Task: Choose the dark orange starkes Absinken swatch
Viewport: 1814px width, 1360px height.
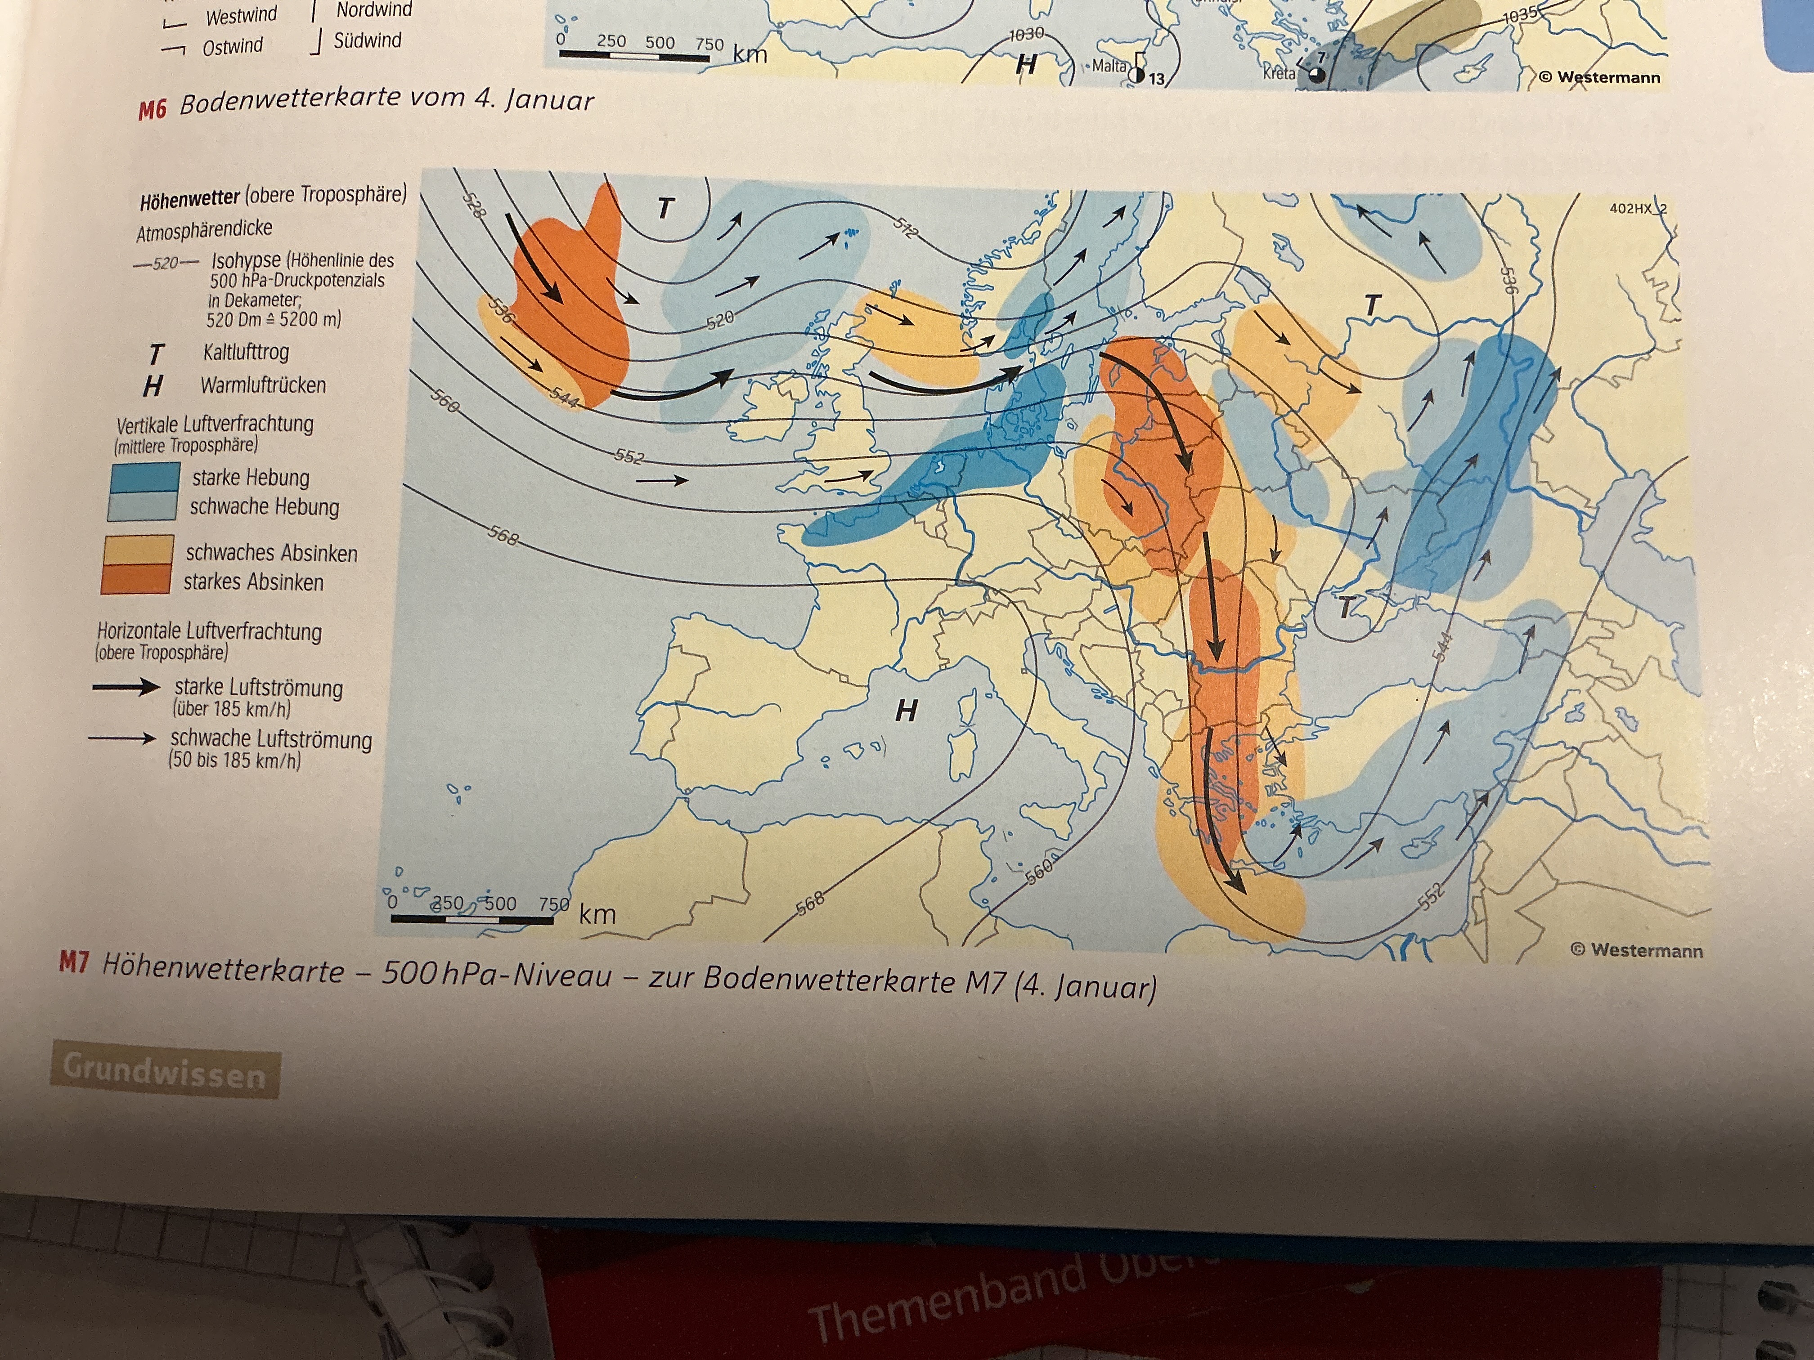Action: pos(136,579)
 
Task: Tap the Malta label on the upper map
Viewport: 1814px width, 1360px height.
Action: pos(1109,66)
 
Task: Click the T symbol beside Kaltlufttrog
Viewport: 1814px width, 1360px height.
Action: pos(155,353)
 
